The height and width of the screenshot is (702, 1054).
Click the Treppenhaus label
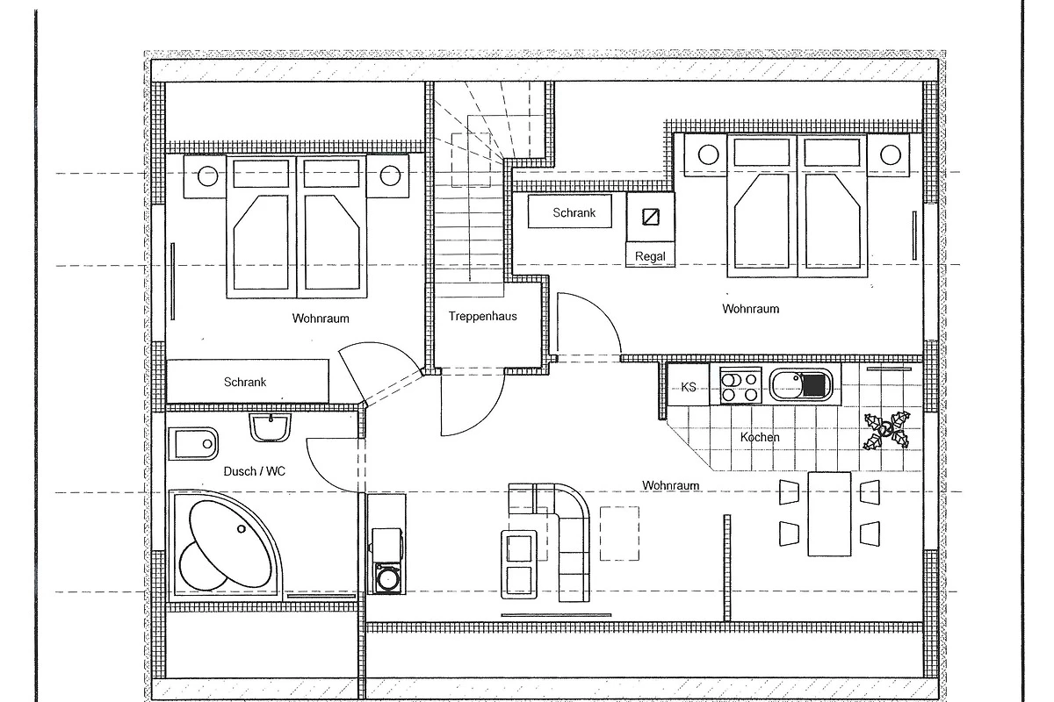pos(482,316)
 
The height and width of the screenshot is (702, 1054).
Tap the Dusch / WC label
pos(254,471)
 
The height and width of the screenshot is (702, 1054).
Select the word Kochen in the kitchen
pos(760,437)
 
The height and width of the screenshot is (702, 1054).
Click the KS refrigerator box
pos(689,384)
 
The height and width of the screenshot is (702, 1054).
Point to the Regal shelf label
pos(650,256)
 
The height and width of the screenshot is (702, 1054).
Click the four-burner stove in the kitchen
pos(740,385)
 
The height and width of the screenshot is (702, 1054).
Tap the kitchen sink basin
pos(800,385)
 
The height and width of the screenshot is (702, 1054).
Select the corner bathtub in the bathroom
pos(225,546)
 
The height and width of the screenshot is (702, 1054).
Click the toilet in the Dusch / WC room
pos(193,443)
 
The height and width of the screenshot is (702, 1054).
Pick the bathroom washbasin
pos(270,427)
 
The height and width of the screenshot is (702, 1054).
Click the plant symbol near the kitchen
pos(886,430)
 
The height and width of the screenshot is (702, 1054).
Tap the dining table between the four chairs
pos(829,514)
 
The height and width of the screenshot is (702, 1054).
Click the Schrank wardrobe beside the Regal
pos(570,211)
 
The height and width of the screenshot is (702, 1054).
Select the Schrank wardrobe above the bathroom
pos(248,382)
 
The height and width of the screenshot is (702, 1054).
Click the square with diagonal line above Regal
pos(651,217)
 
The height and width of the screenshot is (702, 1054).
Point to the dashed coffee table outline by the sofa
pos(619,534)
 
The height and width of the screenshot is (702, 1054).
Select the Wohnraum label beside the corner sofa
pos(670,485)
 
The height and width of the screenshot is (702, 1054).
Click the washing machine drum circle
pos(387,578)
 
